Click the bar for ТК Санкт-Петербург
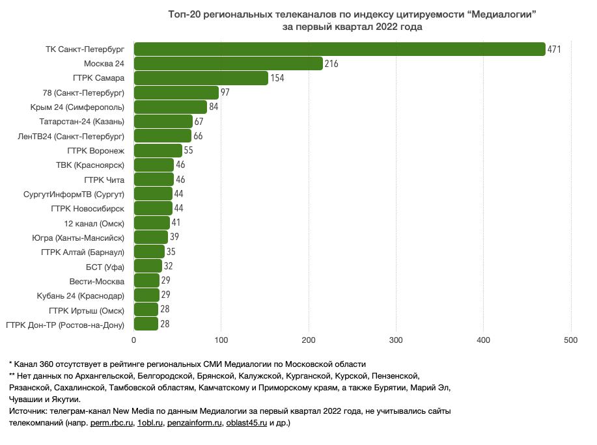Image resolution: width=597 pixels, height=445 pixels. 339,49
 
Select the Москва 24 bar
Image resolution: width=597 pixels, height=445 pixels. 229,64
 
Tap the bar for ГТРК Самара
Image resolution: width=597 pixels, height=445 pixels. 201,78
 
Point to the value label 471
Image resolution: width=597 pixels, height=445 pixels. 555,49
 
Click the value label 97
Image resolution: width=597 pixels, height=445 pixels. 225,92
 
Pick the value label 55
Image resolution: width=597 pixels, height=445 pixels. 189,150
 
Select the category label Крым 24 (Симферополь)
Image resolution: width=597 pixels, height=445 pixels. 77,107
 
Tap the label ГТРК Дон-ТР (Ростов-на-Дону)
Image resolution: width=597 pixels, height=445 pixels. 64,323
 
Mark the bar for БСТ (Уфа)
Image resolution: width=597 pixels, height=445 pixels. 148,265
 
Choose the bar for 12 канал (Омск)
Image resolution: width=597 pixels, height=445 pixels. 152,222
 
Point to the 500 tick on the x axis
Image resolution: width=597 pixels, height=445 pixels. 571,340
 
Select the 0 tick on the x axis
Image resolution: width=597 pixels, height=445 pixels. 134,340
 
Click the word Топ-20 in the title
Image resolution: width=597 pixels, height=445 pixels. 184,14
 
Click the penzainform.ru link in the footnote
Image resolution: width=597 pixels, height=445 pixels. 193,424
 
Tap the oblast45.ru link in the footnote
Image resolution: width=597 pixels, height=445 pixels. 246,424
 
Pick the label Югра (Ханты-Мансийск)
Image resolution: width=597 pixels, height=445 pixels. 78,237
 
